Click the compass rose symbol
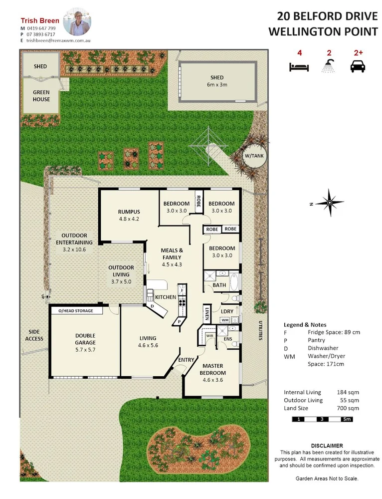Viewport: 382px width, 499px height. [330, 202]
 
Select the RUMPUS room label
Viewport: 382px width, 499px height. [129, 215]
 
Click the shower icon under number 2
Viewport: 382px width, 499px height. [328, 65]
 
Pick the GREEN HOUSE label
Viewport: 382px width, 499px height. [41, 96]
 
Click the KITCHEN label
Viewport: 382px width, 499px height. [166, 297]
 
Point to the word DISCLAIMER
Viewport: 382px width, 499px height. [327, 445]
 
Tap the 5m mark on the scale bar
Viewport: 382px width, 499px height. [347, 419]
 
